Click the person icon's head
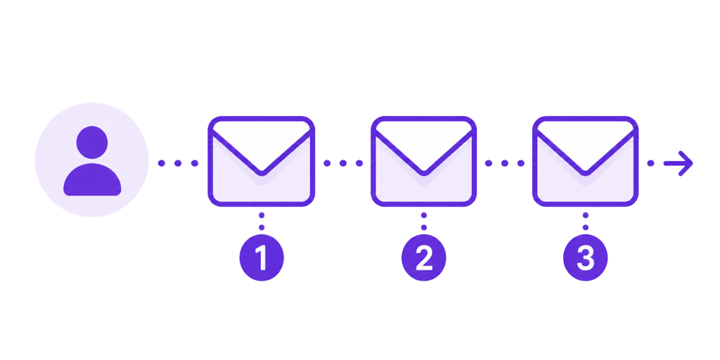[x=92, y=142]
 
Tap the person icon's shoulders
[x=92, y=179]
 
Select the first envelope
[x=262, y=161]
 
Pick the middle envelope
[x=424, y=161]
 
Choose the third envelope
[x=586, y=161]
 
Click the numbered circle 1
[x=262, y=257]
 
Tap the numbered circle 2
[x=424, y=257]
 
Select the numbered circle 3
[x=586, y=257]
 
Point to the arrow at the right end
[x=679, y=163]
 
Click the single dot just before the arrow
[x=650, y=163]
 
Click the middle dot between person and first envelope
[x=178, y=163]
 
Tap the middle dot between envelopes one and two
[x=343, y=163]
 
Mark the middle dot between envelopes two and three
[x=505, y=163]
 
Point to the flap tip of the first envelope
[x=262, y=173]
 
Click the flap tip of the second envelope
[x=424, y=173]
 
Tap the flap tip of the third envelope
[x=586, y=173]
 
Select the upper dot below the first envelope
[x=262, y=215]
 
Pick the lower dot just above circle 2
[x=424, y=227]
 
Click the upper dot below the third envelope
[x=586, y=215]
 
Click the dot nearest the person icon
[x=162, y=163]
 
